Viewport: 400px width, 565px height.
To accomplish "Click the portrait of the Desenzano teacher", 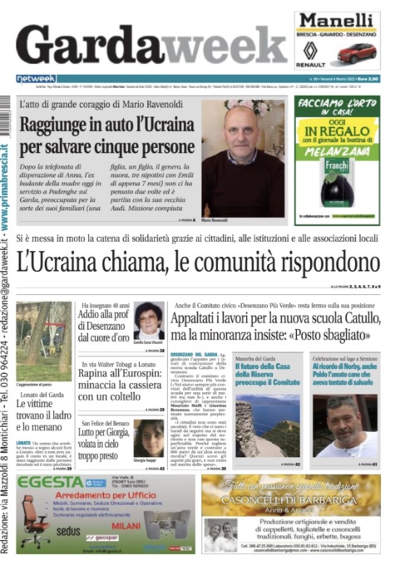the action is point(149,318).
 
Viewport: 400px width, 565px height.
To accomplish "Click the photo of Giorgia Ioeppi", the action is point(149,438).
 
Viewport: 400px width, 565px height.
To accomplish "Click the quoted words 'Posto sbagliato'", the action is point(342,338).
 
